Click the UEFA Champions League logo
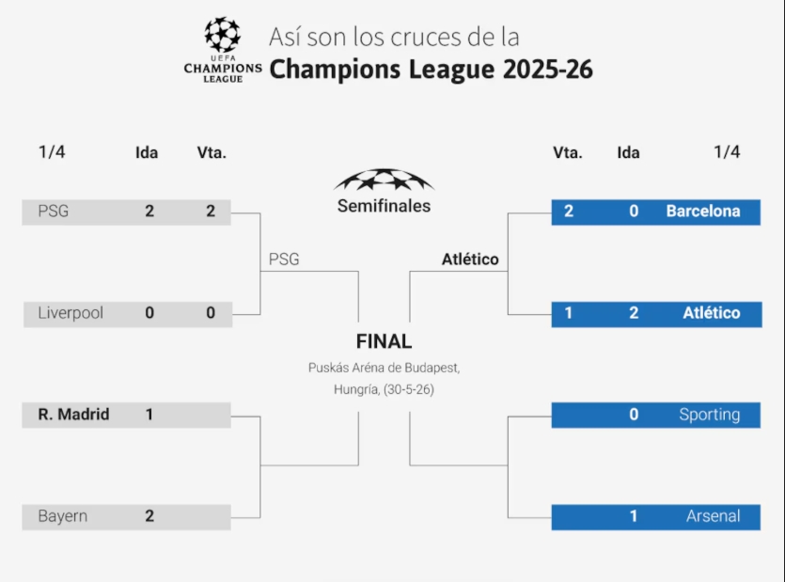223,50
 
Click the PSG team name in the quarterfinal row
54,212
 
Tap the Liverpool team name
71,313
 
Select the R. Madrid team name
73,415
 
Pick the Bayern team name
63,516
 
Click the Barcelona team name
703,212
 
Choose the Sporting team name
710,415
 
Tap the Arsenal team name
714,516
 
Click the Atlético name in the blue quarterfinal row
712,313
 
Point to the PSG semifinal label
284,260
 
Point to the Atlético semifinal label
470,260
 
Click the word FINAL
384,342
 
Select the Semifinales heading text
384,206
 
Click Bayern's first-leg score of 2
149,516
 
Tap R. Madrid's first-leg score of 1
149,415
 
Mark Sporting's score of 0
634,415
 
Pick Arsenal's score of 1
634,516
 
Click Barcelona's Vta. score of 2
569,212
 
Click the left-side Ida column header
147,152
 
